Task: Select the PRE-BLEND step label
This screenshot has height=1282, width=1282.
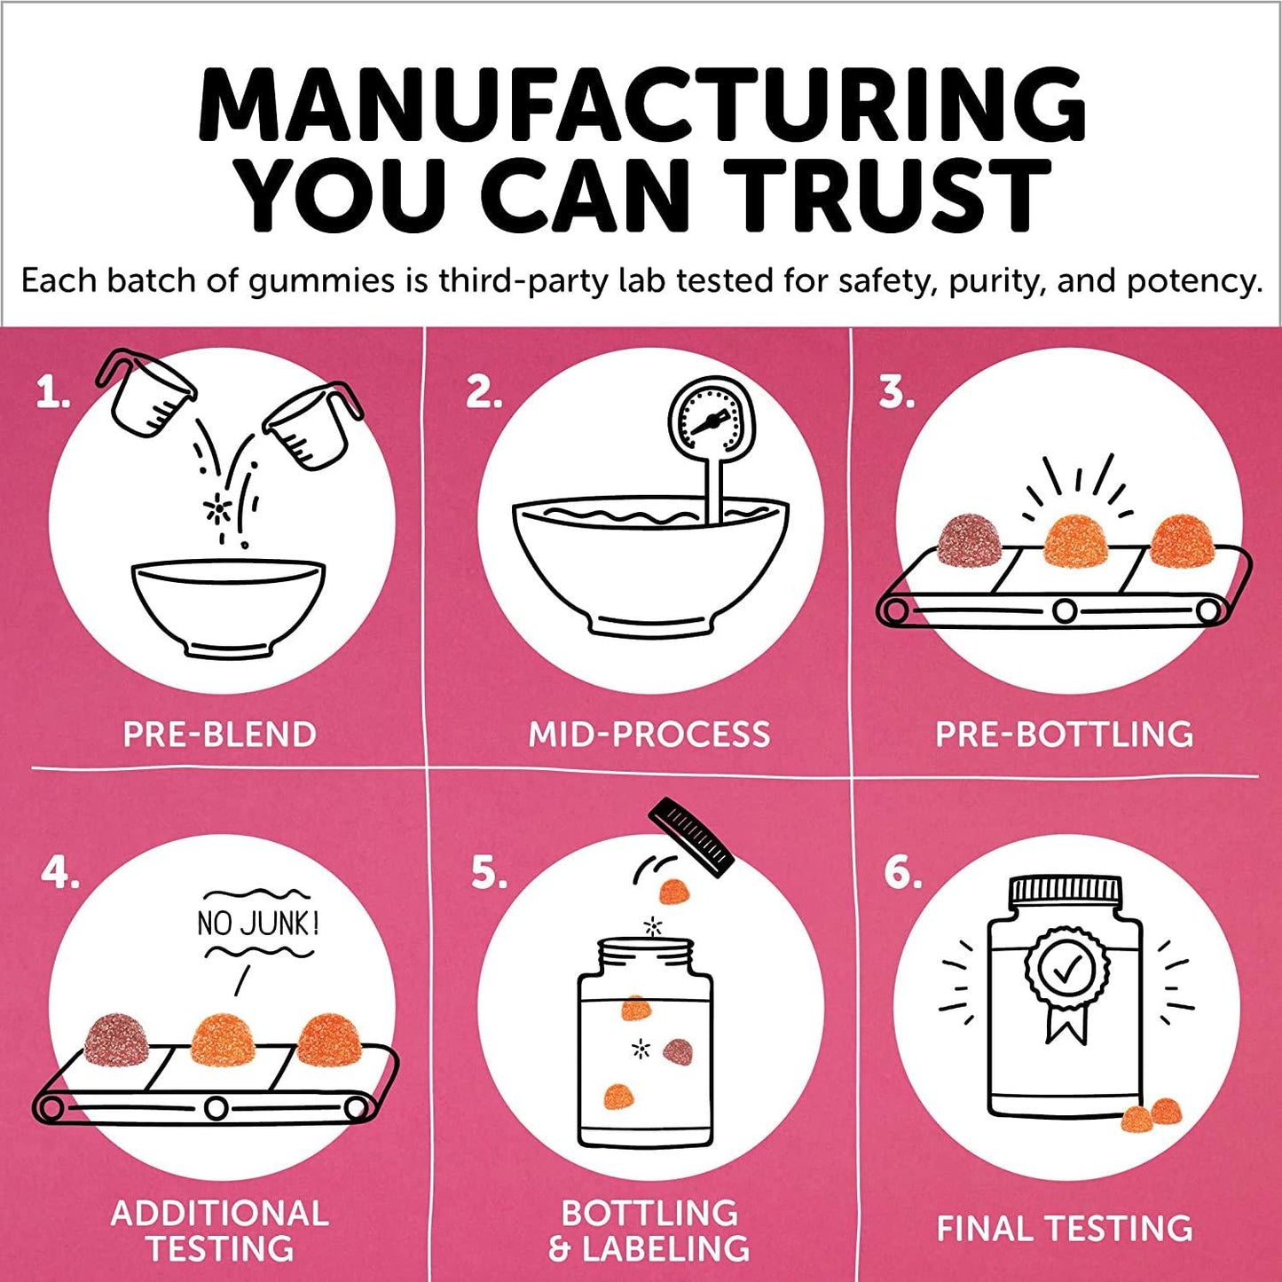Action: click(x=219, y=735)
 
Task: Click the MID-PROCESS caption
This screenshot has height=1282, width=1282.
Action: click(x=649, y=735)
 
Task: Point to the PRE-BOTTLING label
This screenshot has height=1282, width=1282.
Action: click(x=1064, y=735)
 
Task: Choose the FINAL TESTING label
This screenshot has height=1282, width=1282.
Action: click(x=1064, y=1229)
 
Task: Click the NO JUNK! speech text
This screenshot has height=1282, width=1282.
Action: click(x=257, y=924)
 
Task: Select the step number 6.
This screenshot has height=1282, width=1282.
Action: click(x=902, y=874)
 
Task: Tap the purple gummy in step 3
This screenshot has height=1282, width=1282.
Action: click(x=969, y=540)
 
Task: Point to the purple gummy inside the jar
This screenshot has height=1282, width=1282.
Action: click(x=678, y=1052)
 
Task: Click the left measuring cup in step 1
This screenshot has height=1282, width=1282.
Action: click(x=147, y=394)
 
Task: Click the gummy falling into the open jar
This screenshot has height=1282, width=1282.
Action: click(x=675, y=891)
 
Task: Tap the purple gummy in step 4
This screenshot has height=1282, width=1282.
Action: click(x=117, y=1039)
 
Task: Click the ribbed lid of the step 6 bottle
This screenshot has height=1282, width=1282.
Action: click(x=1066, y=888)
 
